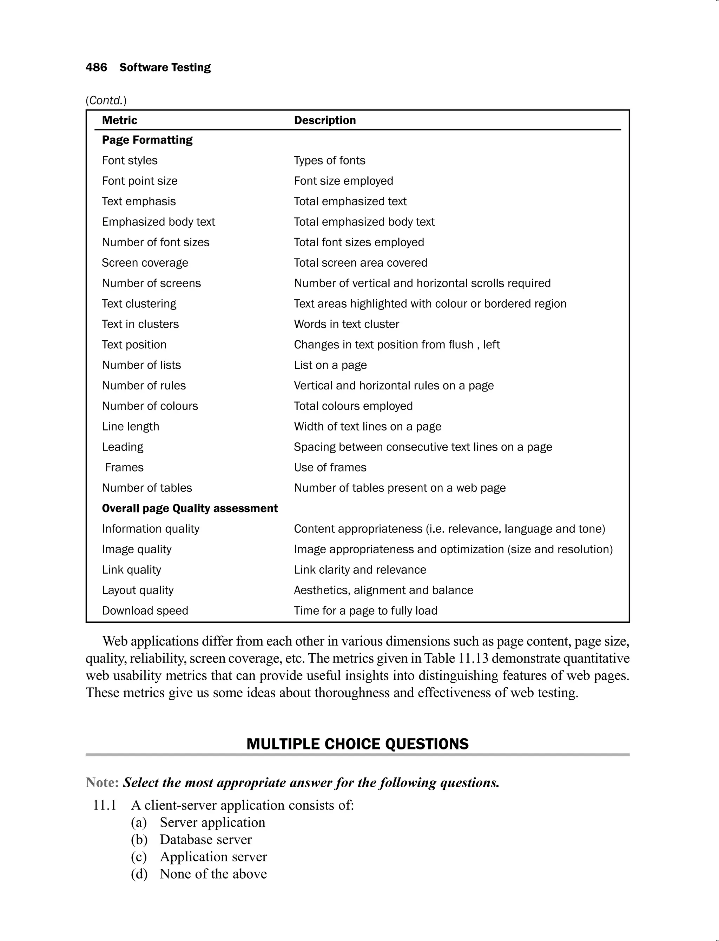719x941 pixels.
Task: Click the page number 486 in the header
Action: pyautogui.click(x=96, y=67)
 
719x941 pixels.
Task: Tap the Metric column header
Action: pyautogui.click(x=119, y=120)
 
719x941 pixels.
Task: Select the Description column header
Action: pyautogui.click(x=324, y=120)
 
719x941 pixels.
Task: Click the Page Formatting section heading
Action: pyautogui.click(x=147, y=140)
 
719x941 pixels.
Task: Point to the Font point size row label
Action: pyautogui.click(x=139, y=181)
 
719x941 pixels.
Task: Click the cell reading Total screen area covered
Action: pyautogui.click(x=360, y=263)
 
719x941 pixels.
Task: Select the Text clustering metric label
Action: pyautogui.click(x=139, y=304)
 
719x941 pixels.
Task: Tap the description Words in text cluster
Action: pyautogui.click(x=346, y=324)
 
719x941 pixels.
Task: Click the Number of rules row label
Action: pyautogui.click(x=144, y=385)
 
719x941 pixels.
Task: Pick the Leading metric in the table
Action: pyautogui.click(x=123, y=447)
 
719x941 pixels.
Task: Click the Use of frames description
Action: pyautogui.click(x=330, y=467)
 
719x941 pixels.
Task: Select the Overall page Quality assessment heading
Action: pyautogui.click(x=190, y=508)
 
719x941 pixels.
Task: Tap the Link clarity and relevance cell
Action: pyautogui.click(x=360, y=570)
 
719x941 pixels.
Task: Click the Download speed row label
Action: pyautogui.click(x=145, y=610)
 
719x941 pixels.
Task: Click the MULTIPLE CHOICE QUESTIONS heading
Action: pyautogui.click(x=357, y=744)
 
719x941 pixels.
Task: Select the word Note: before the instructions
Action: pyautogui.click(x=102, y=782)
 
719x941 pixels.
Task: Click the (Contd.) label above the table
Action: pyautogui.click(x=106, y=100)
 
